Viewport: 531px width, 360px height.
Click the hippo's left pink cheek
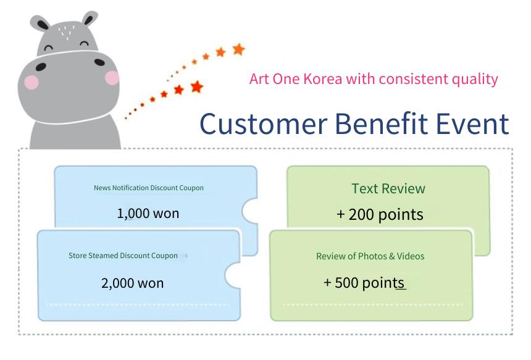point(31,82)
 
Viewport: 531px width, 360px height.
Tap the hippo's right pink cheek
point(112,78)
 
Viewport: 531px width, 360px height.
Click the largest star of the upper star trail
point(239,49)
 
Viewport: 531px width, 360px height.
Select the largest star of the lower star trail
point(197,86)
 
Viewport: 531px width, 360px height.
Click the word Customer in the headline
point(264,123)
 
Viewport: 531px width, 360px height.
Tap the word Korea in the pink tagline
point(323,79)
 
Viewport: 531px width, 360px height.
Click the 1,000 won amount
point(148,214)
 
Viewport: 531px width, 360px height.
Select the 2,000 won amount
point(132,283)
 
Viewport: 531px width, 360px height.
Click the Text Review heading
point(388,188)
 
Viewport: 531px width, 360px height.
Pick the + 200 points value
point(380,215)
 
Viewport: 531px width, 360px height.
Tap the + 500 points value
point(364,283)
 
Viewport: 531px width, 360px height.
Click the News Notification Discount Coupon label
point(149,188)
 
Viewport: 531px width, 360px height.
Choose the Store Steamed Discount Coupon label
point(123,256)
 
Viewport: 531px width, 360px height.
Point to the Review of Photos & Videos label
point(370,256)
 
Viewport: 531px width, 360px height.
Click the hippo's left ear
point(40,23)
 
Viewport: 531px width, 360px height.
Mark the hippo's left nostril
point(41,67)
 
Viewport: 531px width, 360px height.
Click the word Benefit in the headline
point(382,123)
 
